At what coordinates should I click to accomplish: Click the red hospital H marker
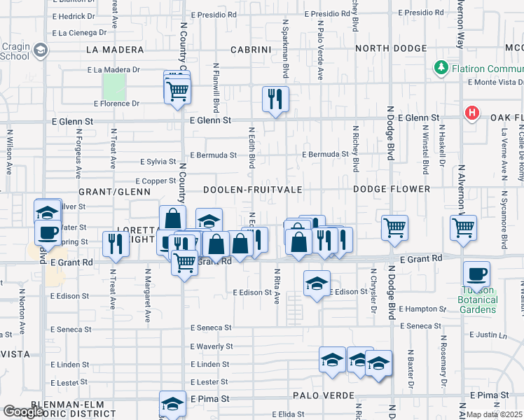point(473,113)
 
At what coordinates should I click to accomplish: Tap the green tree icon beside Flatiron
point(441,68)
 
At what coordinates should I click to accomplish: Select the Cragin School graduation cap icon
point(41,50)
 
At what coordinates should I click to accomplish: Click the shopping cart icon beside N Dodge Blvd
point(395,227)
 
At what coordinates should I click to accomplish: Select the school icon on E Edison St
point(317,283)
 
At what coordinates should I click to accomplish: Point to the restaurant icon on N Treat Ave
point(114,244)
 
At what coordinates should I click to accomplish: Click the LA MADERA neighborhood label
point(115,50)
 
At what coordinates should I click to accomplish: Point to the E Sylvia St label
point(157,162)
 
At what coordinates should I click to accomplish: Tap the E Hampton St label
point(422,309)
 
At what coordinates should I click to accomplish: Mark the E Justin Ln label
point(488,335)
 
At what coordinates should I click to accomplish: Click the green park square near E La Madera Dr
point(114,87)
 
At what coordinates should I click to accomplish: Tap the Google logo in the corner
point(23,412)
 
